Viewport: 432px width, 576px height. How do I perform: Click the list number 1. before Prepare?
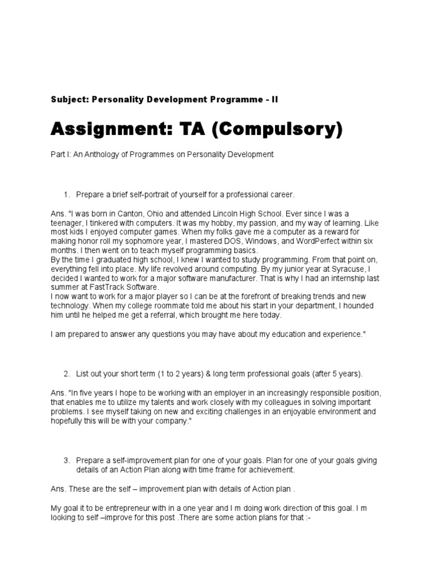click(66, 195)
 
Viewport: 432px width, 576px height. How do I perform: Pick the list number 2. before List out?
click(66, 373)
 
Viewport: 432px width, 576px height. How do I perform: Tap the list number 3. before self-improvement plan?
click(66, 461)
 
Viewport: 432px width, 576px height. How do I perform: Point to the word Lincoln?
click(197, 214)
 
